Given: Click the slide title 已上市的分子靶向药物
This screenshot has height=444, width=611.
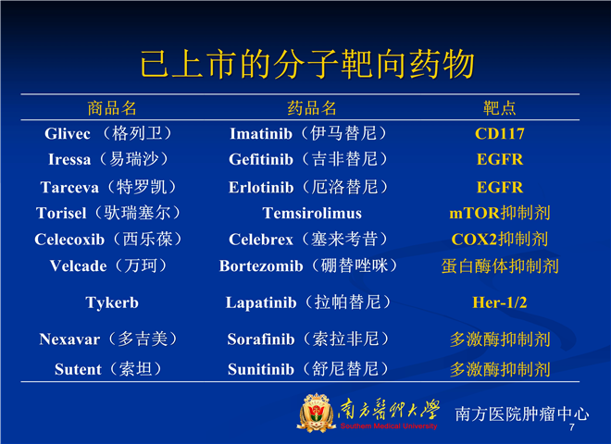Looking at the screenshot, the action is [307, 64].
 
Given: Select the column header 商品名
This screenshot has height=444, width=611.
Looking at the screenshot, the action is [112, 108].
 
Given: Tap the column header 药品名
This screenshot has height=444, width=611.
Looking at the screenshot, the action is [312, 108].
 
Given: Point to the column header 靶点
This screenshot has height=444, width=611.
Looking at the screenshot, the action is [500, 108].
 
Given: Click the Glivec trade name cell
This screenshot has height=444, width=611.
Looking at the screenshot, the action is [108, 133].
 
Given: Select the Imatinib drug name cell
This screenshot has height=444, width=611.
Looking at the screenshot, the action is [308, 133].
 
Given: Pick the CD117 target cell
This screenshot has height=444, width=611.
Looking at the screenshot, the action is [500, 134].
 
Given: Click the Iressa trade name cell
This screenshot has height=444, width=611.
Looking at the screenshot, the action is [108, 159].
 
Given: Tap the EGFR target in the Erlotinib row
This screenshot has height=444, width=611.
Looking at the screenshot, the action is [500, 188].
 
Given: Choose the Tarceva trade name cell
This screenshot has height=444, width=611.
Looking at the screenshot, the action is [108, 188].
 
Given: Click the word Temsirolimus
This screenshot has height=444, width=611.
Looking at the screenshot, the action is [312, 214].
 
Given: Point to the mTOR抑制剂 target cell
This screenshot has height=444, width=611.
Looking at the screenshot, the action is [500, 213].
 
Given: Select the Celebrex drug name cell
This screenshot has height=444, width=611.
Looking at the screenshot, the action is [308, 240].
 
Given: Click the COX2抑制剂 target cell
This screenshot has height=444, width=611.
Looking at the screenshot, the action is [500, 240].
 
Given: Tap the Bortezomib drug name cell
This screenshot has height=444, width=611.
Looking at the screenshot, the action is [308, 266].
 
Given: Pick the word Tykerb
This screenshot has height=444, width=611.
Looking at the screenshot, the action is [112, 303].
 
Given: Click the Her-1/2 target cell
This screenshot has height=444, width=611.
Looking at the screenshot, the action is [500, 302].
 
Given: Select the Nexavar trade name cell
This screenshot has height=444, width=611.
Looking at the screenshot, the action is [108, 339].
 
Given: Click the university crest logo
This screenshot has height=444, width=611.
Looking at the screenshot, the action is [316, 413].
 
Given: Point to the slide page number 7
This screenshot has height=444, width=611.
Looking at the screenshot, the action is [571, 427].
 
